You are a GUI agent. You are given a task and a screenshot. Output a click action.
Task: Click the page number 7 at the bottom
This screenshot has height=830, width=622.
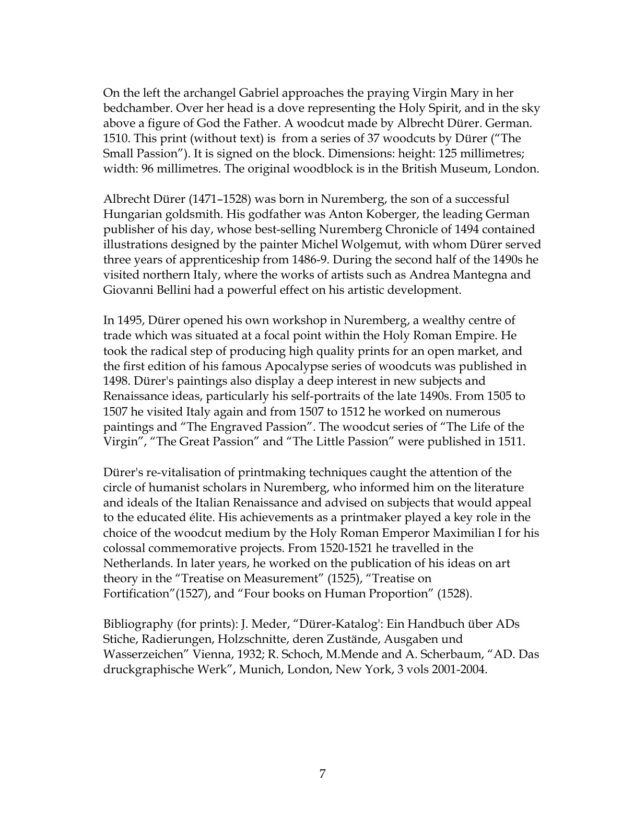[322, 774]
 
